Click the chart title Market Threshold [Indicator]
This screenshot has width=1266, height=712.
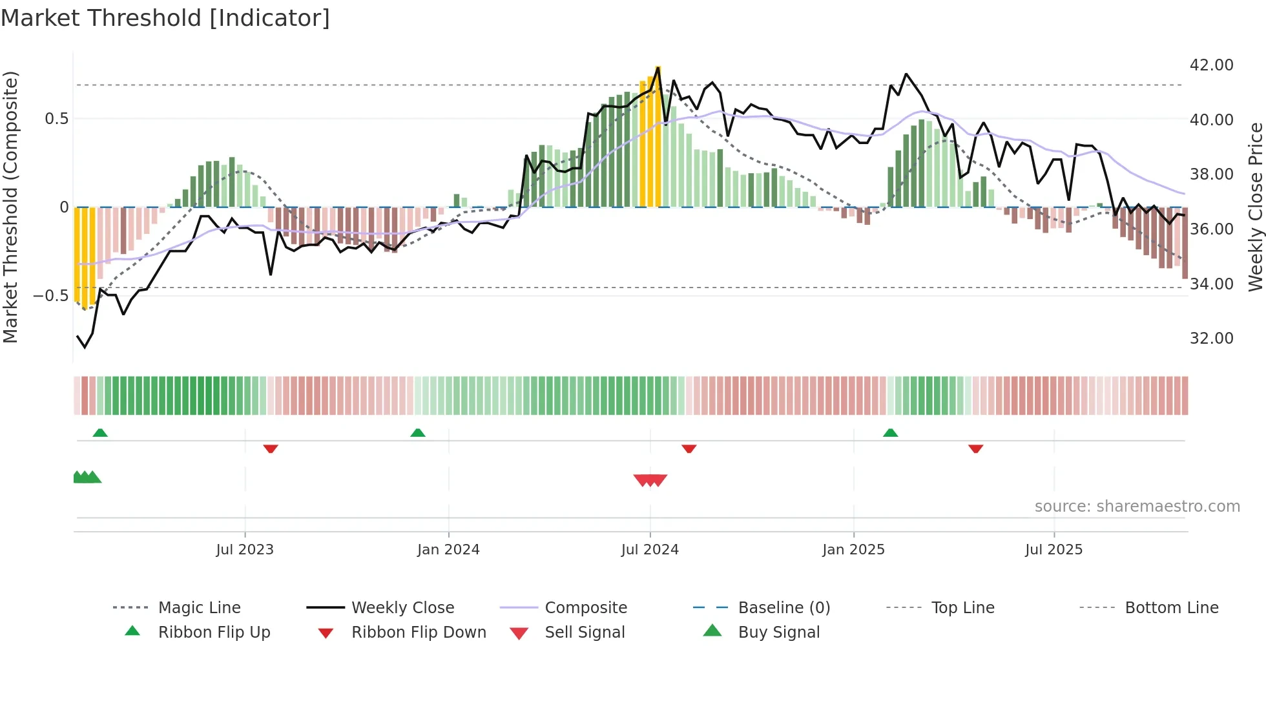tap(165, 18)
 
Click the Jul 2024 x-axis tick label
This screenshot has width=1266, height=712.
tap(650, 550)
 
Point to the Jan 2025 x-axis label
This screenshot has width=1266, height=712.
tap(853, 550)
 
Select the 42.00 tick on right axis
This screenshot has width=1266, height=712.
tap(1211, 65)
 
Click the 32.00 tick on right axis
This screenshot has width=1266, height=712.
tap(1211, 339)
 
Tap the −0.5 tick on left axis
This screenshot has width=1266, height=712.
tap(50, 296)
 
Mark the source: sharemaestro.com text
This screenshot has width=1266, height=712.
tap(1137, 507)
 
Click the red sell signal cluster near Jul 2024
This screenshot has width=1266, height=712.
tap(650, 480)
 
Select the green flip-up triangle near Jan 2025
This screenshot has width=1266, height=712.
tap(890, 433)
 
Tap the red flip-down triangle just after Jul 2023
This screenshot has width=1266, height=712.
tap(271, 448)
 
